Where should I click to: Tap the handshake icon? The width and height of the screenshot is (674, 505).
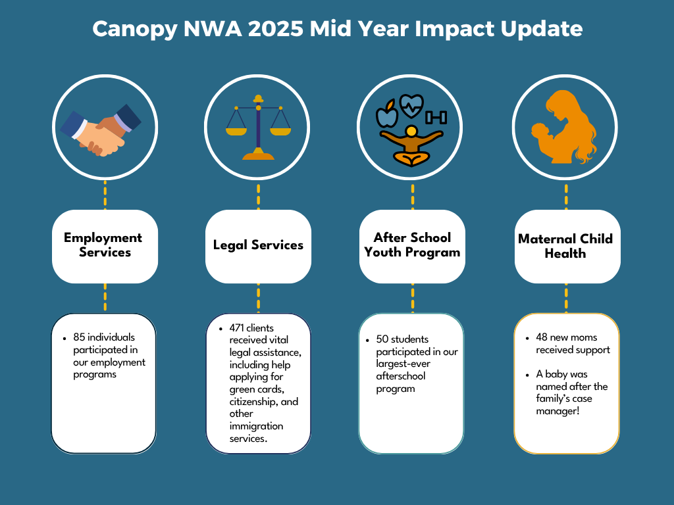point(101,130)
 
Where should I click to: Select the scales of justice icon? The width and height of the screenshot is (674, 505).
point(258,128)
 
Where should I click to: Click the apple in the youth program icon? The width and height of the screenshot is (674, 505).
point(387,113)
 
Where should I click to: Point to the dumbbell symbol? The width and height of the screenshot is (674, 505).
point(436,117)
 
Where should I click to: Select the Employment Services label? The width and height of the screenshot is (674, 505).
point(103,245)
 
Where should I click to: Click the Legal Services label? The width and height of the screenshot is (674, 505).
point(258,245)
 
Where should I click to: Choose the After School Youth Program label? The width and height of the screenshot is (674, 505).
point(412,245)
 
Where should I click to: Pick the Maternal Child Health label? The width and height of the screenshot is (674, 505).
point(565,246)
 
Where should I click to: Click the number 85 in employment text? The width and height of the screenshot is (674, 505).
point(79,337)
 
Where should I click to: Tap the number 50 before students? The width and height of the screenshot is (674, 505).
point(382,339)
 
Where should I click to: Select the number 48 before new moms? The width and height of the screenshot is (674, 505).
point(542,337)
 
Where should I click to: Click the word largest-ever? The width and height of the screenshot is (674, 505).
point(403,364)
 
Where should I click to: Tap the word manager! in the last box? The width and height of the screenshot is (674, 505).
point(557,412)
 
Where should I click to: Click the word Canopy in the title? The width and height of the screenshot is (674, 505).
point(135,30)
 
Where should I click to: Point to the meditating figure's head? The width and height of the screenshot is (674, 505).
point(411,132)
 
